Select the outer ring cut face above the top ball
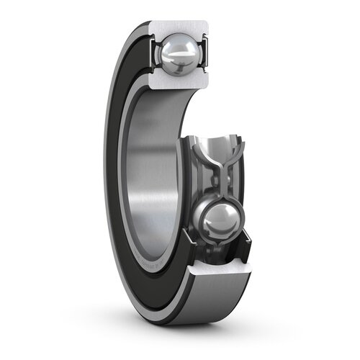[180, 27]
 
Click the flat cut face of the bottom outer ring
[216, 277]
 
